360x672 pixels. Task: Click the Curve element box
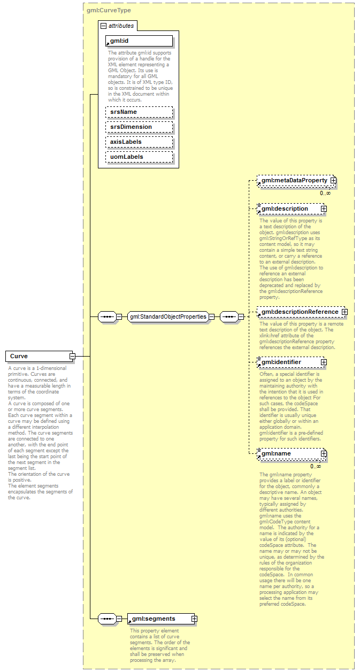point(37,356)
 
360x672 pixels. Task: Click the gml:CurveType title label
point(109,10)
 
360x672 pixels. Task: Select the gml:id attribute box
point(139,41)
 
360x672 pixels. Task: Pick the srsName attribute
point(139,112)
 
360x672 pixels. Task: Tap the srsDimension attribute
point(139,127)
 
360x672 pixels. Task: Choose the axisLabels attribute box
point(139,142)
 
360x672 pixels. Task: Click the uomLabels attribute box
point(139,157)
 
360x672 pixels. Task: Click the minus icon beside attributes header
point(104,26)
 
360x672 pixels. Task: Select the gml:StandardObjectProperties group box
point(168,316)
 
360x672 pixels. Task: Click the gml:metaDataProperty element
point(294,181)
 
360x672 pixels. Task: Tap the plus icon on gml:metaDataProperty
point(333,181)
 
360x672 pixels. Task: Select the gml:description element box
point(289,208)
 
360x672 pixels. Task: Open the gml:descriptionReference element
point(299,312)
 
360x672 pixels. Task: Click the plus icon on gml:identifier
point(324,362)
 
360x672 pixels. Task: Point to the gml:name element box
point(289,454)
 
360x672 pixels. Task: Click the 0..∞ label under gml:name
point(316,466)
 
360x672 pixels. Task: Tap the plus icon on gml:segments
point(194,619)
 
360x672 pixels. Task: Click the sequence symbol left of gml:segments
point(107,619)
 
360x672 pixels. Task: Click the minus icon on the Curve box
point(72,356)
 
